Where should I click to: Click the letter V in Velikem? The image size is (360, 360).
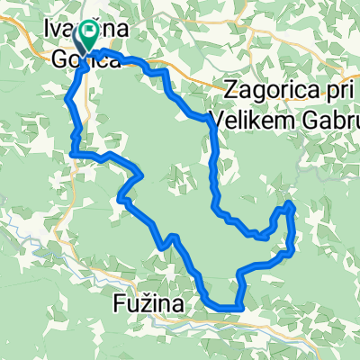pos(214,117)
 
